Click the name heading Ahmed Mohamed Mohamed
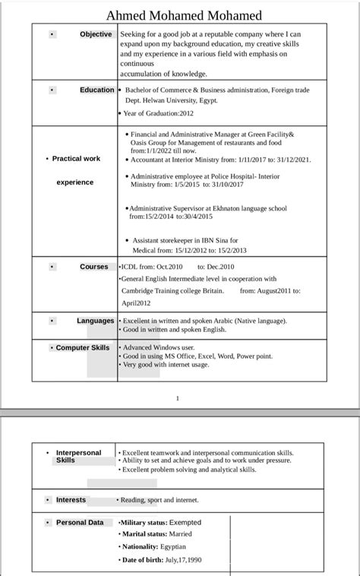tap(184, 15)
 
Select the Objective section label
tap(96, 34)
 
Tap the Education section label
tap(97, 90)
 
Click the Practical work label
tap(76, 159)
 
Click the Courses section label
tap(94, 267)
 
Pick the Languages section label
tap(96, 321)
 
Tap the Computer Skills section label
tap(83, 347)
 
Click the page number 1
tap(177, 398)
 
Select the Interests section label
tap(71, 500)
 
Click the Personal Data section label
tap(80, 523)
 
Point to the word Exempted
tap(186, 523)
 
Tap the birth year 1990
tap(194, 560)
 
